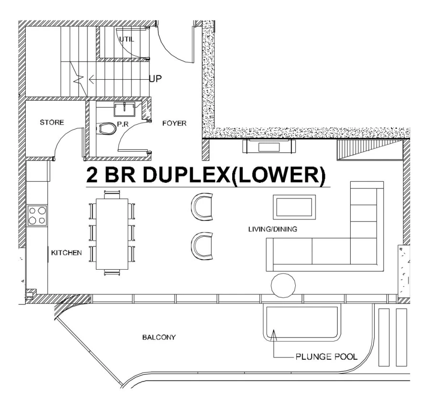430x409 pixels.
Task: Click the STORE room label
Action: click(51, 123)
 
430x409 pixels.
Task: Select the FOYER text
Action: click(174, 123)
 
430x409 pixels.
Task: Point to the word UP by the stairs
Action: click(155, 79)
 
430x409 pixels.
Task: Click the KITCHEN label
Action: click(66, 252)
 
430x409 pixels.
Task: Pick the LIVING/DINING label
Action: click(272, 229)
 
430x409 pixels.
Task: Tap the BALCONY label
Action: click(159, 337)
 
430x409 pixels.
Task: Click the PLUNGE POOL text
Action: click(325, 356)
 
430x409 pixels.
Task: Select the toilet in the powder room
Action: click(107, 129)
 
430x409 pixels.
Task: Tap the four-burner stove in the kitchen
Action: click(37, 215)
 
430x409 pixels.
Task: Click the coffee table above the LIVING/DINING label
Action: click(294, 207)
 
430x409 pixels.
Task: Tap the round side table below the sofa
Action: click(283, 285)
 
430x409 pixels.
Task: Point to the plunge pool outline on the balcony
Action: click(302, 323)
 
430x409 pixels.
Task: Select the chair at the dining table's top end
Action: click(112, 194)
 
